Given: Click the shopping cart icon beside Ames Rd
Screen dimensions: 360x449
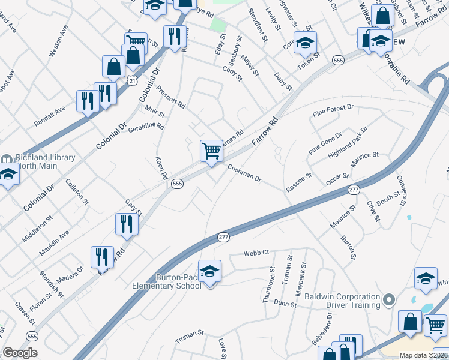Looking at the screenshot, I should (x=211, y=151).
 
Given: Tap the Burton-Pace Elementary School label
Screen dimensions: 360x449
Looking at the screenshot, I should (x=179, y=281).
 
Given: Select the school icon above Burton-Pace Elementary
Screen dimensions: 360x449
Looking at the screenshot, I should (x=209, y=272).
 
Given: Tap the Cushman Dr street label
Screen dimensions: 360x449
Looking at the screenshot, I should (x=244, y=174).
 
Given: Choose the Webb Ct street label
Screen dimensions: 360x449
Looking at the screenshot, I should (x=255, y=253).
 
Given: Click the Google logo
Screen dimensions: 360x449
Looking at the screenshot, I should (x=20, y=353).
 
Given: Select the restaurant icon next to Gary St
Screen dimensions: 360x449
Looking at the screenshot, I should (x=127, y=224).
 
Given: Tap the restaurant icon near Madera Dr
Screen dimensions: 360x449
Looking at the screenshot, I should (x=102, y=257).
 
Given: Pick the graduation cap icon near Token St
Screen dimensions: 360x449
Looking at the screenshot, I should (x=306, y=43).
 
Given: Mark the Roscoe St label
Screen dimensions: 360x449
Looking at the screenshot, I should (x=299, y=182).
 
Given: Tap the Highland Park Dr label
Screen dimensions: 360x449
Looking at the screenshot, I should (x=348, y=143).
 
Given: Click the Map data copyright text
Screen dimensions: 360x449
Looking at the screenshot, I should (x=424, y=355).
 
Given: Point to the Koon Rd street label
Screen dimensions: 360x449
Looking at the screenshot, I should (x=160, y=169).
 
